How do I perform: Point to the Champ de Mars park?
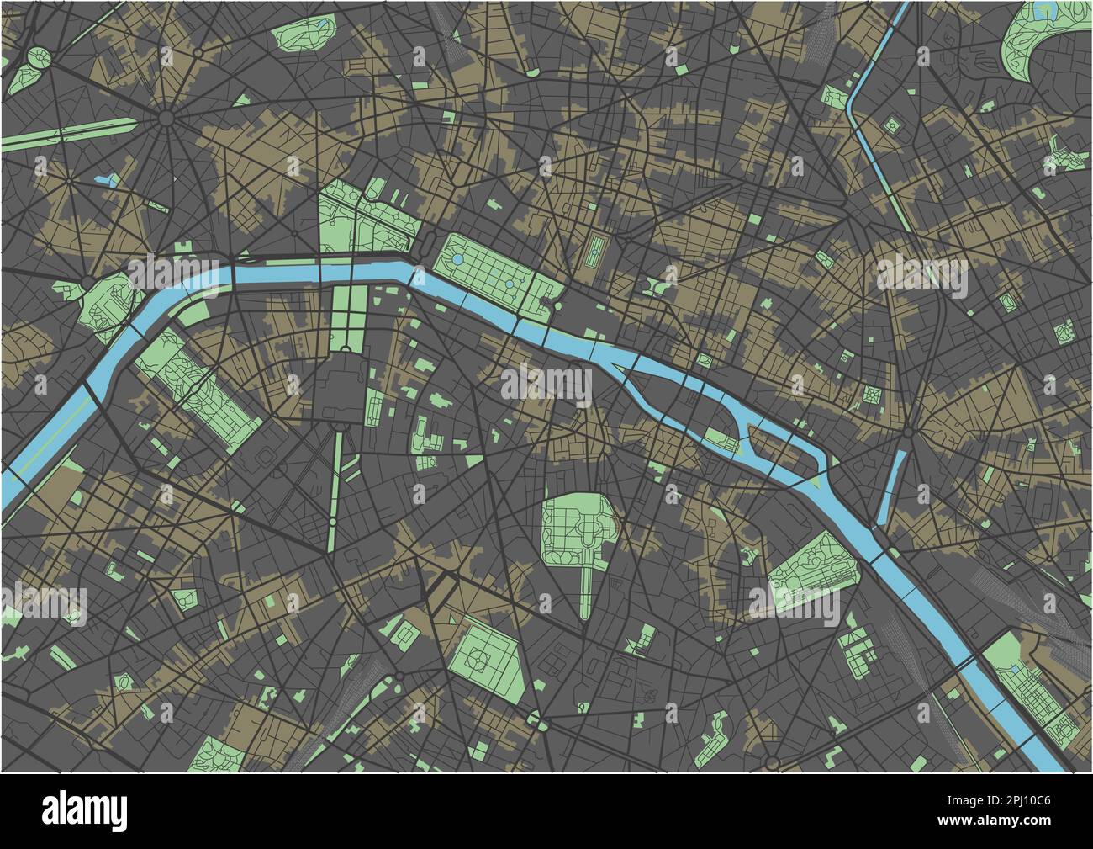pyautogui.click(x=198, y=386)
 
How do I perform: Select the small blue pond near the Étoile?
pyautogui.click(x=107, y=179)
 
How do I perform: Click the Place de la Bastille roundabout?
pyautogui.click(x=909, y=434)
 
